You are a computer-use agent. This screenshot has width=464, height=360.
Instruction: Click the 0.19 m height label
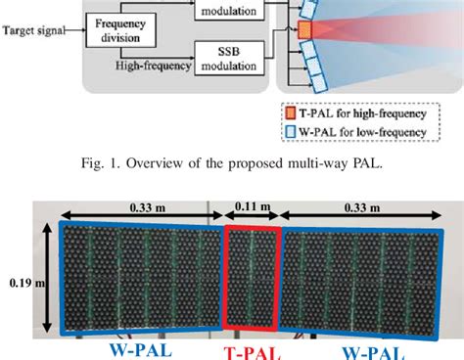(22, 284)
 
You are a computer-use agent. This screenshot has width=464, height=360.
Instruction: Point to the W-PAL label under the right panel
(370, 348)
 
